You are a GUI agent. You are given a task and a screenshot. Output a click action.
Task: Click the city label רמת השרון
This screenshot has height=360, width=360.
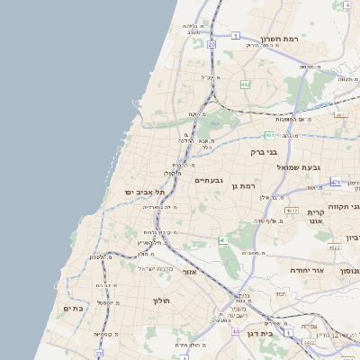pos(279,39)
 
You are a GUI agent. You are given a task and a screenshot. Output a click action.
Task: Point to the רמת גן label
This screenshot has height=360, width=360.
pos(246,185)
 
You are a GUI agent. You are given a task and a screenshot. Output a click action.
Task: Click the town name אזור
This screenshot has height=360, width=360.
pos(189,271)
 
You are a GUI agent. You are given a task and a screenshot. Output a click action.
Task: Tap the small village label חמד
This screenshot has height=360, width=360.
pos(281,293)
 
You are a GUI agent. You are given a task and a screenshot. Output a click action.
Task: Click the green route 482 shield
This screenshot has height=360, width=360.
pos(245,85)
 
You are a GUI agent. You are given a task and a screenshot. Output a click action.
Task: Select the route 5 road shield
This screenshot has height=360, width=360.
pos(236,36)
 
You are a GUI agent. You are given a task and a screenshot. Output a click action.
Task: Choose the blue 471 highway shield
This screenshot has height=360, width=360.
pos(335,182)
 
